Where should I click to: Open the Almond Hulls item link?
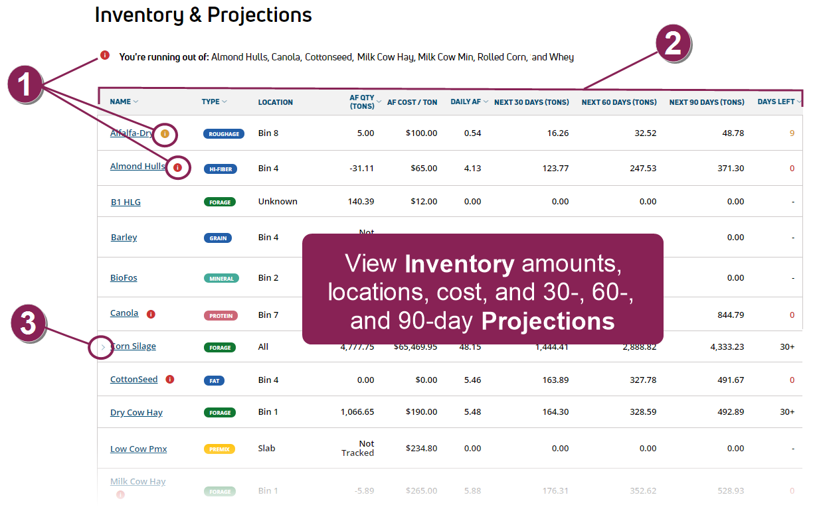pyautogui.click(x=137, y=167)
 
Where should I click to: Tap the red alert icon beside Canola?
pyautogui.click(x=151, y=314)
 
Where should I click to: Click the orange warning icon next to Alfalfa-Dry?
pyautogui.click(x=165, y=133)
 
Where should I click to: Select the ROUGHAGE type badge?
pyautogui.click(x=223, y=133)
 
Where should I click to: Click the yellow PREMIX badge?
pyautogui.click(x=219, y=449)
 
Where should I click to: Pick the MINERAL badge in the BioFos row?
pyautogui.click(x=221, y=278)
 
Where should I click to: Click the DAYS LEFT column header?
pyautogui.click(x=776, y=102)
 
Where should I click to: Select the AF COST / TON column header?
pyautogui.click(x=412, y=102)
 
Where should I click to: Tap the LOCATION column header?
pyautogui.click(x=275, y=102)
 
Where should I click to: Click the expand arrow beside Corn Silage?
pyautogui.click(x=103, y=346)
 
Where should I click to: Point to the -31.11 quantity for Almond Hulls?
pyautogui.click(x=361, y=169)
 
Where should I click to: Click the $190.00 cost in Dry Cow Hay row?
pyautogui.click(x=421, y=412)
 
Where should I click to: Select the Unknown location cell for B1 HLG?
pyautogui.click(x=278, y=202)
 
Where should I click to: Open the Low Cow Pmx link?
pyautogui.click(x=138, y=449)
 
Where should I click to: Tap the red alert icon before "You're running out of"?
pyautogui.click(x=105, y=56)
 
